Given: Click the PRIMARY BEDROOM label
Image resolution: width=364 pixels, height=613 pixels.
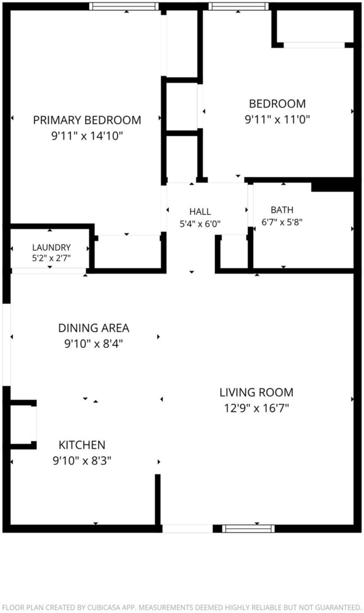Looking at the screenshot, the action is coord(87,120).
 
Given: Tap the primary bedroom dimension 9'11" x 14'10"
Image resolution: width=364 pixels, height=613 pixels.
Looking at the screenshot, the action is coord(87,136).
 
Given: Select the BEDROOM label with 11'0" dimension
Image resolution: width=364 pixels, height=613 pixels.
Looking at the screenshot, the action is coord(277,104).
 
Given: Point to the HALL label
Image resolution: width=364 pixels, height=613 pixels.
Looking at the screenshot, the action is coord(200,212).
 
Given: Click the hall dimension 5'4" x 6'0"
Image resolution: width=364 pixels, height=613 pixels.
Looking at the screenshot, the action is coord(200,224).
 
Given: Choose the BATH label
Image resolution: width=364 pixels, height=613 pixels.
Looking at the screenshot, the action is coord(282,210).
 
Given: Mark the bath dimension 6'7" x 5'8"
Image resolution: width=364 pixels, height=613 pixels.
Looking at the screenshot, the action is coord(282,222).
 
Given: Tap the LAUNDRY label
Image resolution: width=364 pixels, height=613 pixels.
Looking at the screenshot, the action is coord(51,247).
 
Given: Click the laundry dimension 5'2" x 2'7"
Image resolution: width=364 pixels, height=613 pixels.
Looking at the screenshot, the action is coord(51,257).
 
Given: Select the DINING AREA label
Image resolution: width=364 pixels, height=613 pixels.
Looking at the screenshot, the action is coord(94,328).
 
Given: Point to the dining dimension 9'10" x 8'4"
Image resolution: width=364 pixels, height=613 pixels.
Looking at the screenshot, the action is coord(94,344).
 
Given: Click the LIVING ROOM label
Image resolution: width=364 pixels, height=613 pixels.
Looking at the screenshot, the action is coord(256,392).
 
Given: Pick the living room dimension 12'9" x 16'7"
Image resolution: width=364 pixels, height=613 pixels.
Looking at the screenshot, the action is coord(256,408).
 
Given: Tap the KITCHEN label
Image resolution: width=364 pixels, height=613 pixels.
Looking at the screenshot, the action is coord(82,445).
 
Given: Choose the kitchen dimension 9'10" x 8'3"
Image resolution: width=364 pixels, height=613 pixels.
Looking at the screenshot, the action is coord(82,461).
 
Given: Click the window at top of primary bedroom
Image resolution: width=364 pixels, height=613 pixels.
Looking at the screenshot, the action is coord(124,6).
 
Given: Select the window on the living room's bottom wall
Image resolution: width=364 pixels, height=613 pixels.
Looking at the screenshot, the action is coord(248,529).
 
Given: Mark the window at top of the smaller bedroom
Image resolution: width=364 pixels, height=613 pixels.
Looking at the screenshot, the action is coord(238,6).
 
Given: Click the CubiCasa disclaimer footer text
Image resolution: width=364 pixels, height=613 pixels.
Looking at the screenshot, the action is coord(182,607).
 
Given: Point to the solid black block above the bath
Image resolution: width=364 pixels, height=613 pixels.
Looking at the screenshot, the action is coord(332,184).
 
